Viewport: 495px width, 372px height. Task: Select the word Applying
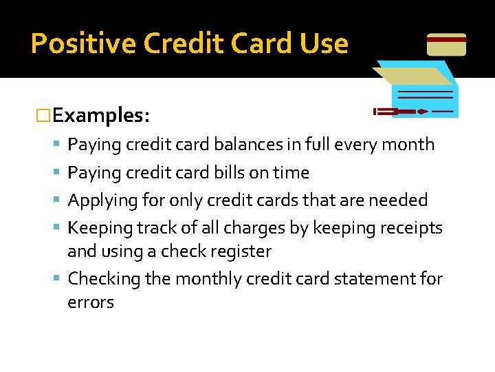click(100, 200)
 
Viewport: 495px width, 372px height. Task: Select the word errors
click(90, 302)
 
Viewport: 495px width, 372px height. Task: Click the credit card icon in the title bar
click(446, 45)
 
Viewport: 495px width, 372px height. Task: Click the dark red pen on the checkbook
click(401, 111)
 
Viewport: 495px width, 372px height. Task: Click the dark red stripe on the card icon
click(446, 40)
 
